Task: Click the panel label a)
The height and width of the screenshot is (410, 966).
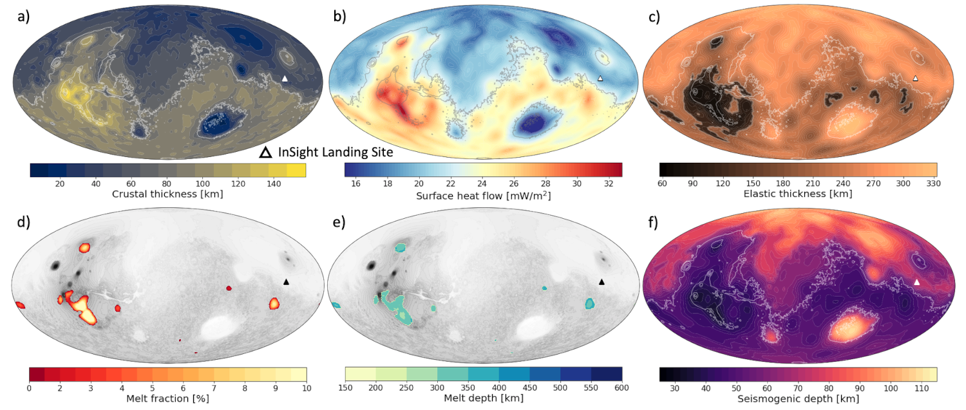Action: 23,17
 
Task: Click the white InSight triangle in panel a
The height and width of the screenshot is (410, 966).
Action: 285,79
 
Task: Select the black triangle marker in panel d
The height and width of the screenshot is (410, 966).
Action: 286,282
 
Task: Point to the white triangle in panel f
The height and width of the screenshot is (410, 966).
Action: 916,282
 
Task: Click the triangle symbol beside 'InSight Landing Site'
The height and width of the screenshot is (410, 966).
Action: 264,153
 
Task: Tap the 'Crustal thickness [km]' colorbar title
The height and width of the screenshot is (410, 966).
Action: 167,194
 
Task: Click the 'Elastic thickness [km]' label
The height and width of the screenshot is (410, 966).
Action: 798,194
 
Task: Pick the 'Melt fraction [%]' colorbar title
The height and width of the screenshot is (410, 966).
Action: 167,398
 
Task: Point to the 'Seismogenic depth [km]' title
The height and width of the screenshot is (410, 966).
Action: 798,398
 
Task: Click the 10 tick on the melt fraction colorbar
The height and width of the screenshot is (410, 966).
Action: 306,387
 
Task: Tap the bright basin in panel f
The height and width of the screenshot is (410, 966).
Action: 851,328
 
